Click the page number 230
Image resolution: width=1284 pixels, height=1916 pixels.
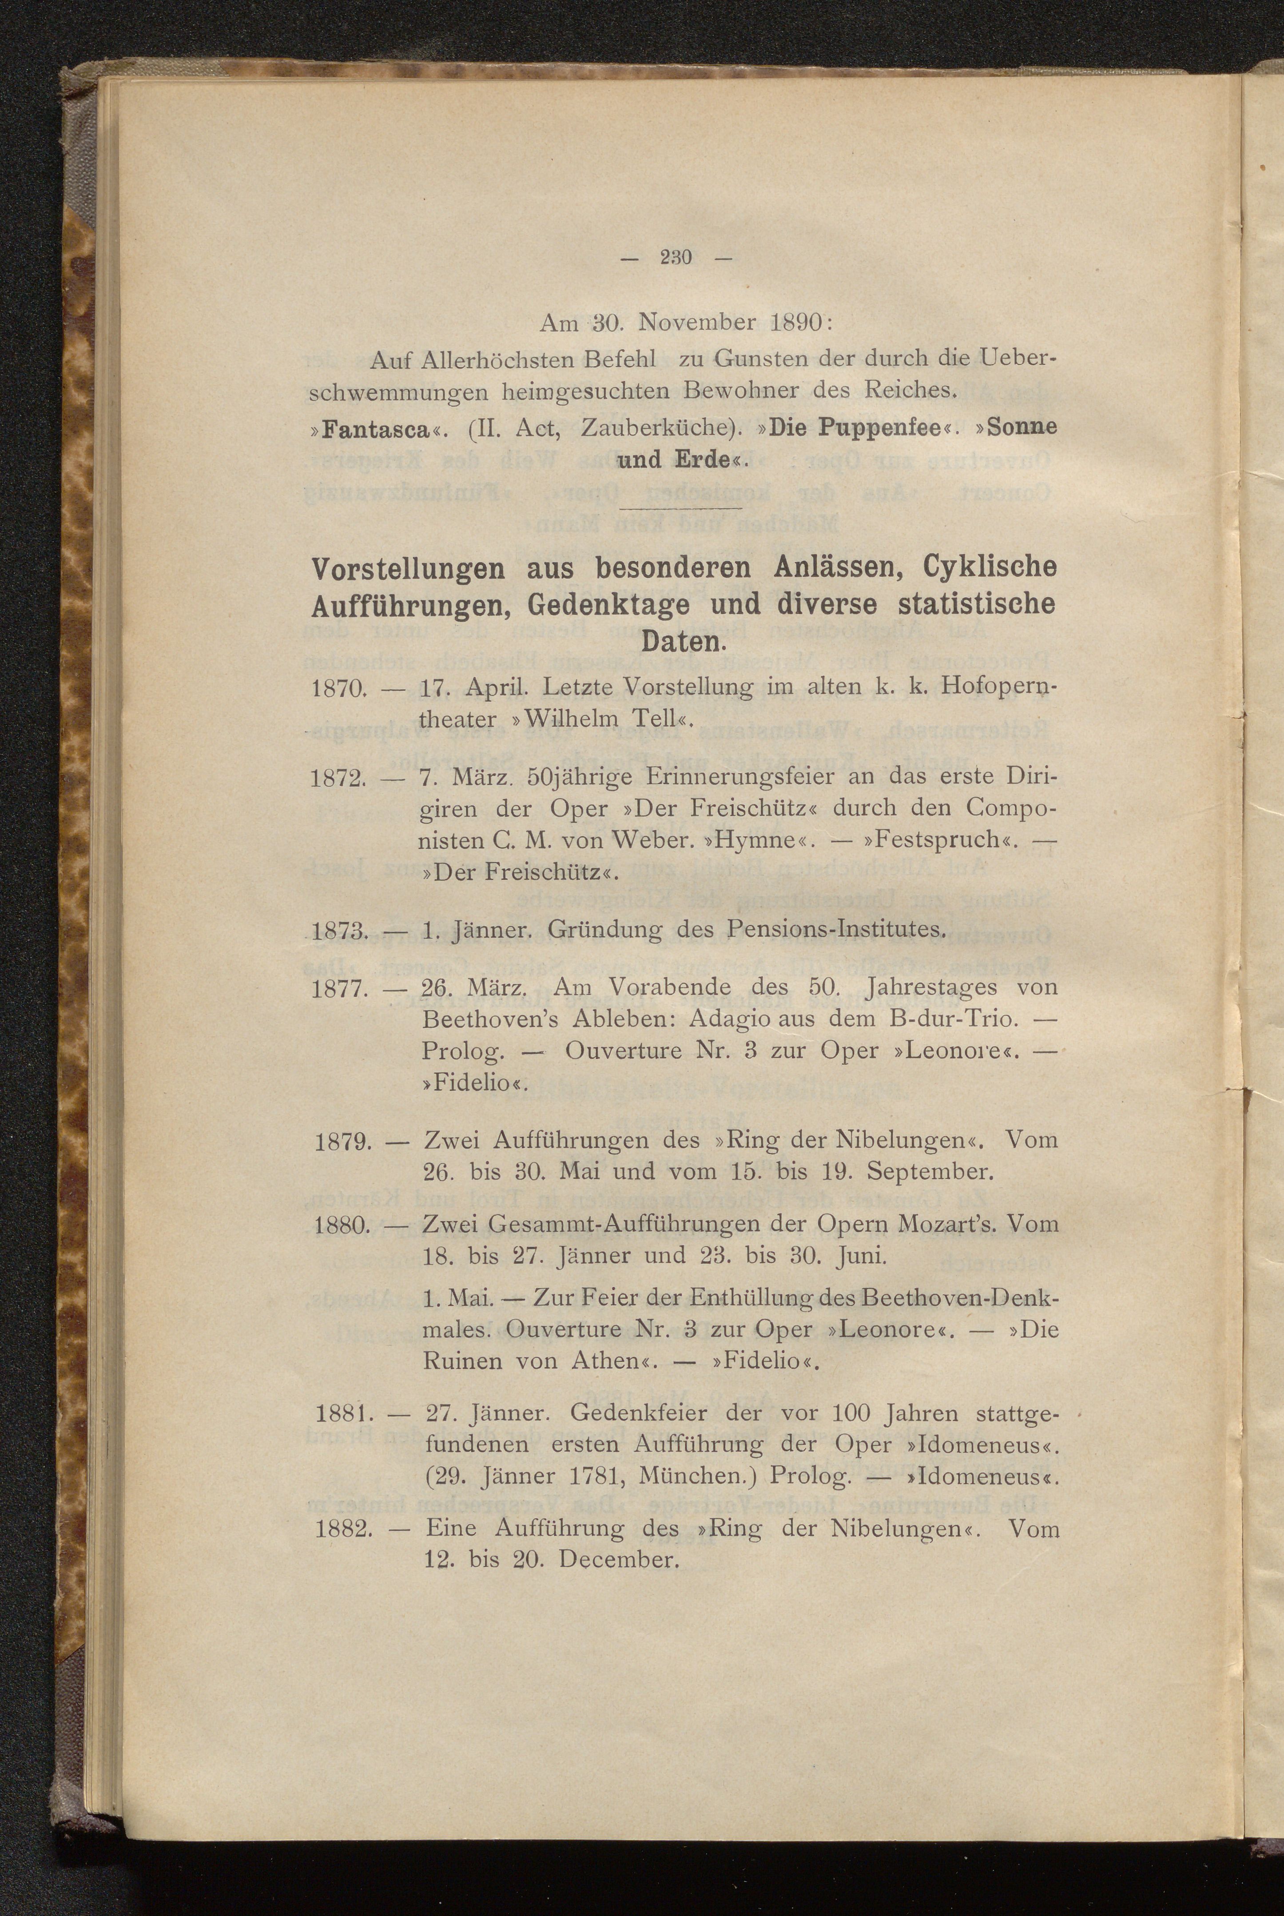pyautogui.click(x=676, y=258)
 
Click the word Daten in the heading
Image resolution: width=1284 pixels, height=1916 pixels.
pyautogui.click(x=683, y=641)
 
